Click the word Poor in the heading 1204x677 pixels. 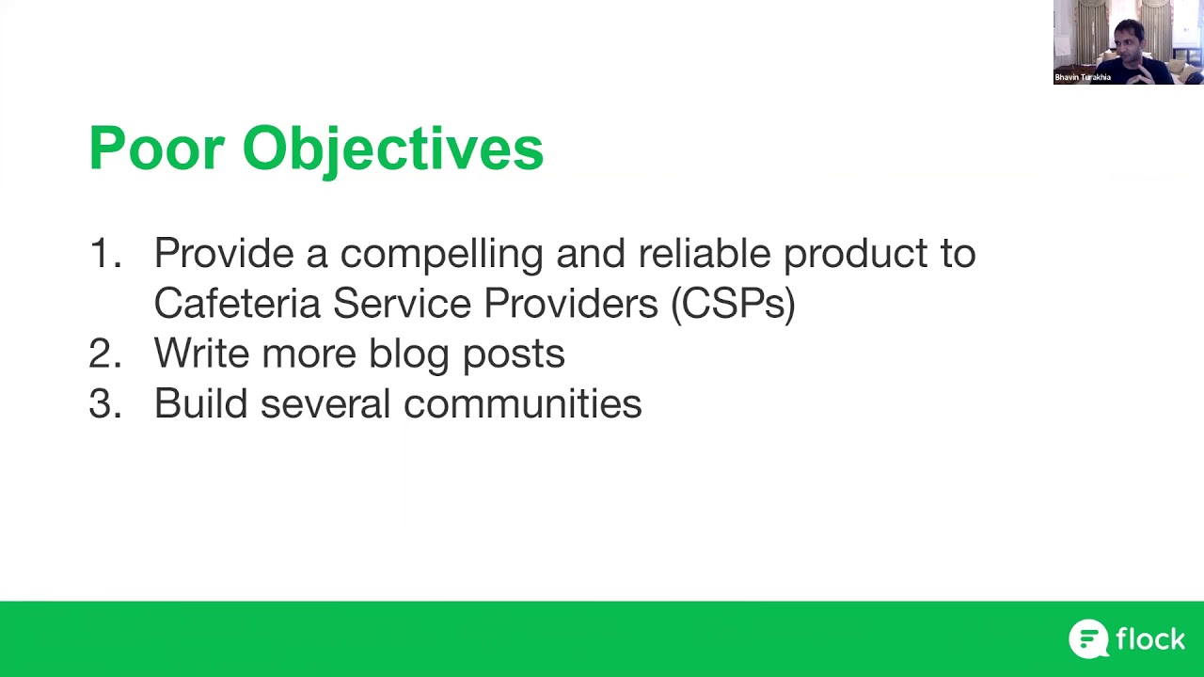(156, 149)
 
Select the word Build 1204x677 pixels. (200, 403)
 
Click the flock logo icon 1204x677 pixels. (1088, 639)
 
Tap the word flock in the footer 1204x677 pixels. (1150, 639)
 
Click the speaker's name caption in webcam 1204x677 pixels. (1083, 78)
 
